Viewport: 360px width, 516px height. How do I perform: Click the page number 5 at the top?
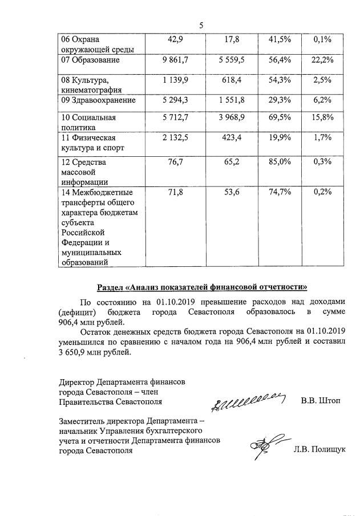(x=201, y=25)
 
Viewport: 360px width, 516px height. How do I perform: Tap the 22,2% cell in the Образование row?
(x=323, y=60)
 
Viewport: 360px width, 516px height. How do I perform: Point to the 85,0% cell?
(x=279, y=162)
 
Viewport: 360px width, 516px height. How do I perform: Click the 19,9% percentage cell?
(x=279, y=137)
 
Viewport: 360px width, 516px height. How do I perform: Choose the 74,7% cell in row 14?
(x=279, y=193)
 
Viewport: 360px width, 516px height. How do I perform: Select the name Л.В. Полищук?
(x=319, y=449)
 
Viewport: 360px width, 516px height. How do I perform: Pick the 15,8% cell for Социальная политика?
(x=323, y=118)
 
